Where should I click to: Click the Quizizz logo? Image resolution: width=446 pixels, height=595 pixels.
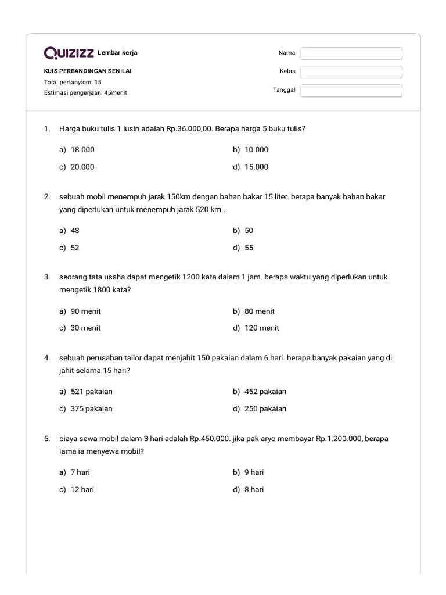tap(69, 53)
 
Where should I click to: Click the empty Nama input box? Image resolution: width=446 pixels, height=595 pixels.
tap(351, 53)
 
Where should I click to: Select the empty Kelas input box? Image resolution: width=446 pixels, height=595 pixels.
tap(351, 72)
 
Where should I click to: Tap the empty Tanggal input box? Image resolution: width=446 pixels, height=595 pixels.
tap(351, 91)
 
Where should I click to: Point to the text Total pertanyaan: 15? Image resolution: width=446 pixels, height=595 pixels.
tap(73, 82)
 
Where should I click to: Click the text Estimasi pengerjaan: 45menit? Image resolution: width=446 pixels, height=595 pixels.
tap(85, 92)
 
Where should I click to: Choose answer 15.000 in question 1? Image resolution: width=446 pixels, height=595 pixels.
tap(256, 167)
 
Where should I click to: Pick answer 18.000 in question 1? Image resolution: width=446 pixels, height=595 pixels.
tap(82, 150)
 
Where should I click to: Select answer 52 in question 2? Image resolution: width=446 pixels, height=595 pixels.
tap(75, 248)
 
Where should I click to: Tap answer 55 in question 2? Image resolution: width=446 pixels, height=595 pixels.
tap(249, 248)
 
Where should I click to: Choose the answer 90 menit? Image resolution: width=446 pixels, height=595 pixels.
tap(85, 311)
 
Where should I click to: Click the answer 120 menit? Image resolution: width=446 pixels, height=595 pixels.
tap(261, 328)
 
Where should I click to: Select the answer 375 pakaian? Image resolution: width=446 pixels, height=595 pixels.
tap(91, 408)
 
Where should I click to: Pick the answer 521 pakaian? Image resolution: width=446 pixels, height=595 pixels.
tap(91, 392)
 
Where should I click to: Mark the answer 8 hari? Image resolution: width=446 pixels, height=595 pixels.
tap(254, 489)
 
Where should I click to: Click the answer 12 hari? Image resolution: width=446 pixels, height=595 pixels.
tap(82, 489)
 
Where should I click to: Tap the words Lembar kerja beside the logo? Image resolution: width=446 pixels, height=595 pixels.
tap(118, 53)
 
